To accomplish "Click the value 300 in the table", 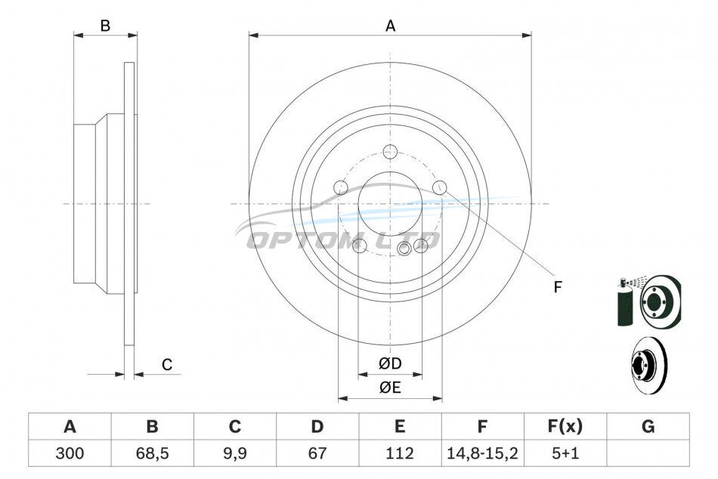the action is pyautogui.click(x=70, y=453).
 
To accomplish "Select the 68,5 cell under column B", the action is pyautogui.click(x=153, y=453).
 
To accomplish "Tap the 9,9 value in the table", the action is pyautogui.click(x=235, y=453).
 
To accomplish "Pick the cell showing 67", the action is pyautogui.click(x=317, y=453).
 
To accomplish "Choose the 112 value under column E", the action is pyautogui.click(x=400, y=453).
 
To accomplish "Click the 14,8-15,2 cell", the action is pyautogui.click(x=482, y=453).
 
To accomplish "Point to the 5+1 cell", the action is pyautogui.click(x=565, y=453).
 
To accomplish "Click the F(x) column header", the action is pyautogui.click(x=565, y=426).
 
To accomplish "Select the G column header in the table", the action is pyautogui.click(x=648, y=426).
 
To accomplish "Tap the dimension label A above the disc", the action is pyautogui.click(x=390, y=26).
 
